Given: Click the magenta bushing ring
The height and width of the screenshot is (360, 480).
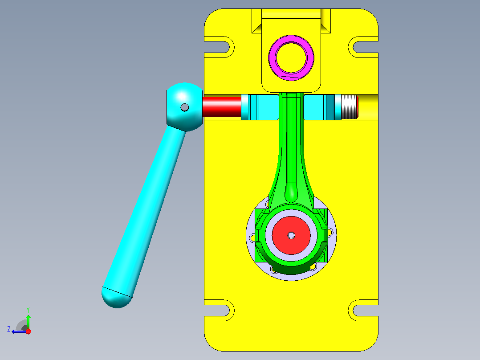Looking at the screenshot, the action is click(x=291, y=38).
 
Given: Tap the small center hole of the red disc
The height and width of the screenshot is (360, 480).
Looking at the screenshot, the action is click(x=291, y=235).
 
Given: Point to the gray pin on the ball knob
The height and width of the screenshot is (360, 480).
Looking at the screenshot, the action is click(x=185, y=107).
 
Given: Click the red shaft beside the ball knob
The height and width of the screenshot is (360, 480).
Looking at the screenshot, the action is click(x=222, y=107).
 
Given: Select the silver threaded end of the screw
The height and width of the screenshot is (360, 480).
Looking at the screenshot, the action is click(x=349, y=107).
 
